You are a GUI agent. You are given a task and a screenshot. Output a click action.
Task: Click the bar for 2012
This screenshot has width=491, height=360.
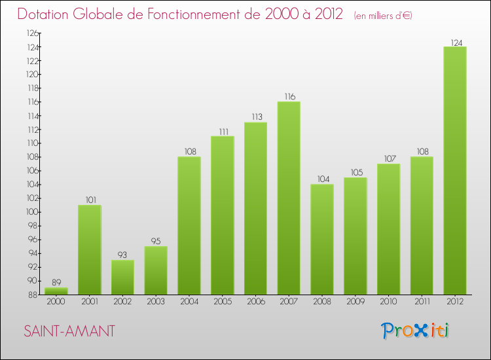pyautogui.click(x=455, y=170)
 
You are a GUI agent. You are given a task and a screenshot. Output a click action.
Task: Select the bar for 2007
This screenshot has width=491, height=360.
pyautogui.click(x=289, y=198)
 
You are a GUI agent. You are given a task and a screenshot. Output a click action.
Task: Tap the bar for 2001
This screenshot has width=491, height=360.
pyautogui.click(x=89, y=249)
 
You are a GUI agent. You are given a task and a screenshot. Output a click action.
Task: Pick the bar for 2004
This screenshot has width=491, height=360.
pyautogui.click(x=189, y=225)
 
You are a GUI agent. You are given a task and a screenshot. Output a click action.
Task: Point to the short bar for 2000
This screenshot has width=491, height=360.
pyautogui.click(x=56, y=291)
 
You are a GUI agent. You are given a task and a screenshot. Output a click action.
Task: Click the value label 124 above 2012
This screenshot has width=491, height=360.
pyautogui.click(x=455, y=43)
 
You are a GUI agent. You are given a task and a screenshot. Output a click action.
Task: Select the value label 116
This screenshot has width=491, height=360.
pyautogui.click(x=289, y=97)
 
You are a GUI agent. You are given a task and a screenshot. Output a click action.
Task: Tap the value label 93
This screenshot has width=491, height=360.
pyautogui.click(x=122, y=255)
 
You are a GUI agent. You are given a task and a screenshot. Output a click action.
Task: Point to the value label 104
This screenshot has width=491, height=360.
pyautogui.click(x=322, y=179)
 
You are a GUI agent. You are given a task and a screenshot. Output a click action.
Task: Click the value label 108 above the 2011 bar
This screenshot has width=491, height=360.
pyautogui.click(x=422, y=152)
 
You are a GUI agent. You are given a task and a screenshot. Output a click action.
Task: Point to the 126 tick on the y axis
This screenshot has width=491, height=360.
pyautogui.click(x=30, y=33)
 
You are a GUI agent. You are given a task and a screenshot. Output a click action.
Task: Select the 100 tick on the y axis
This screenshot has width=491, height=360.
pyautogui.click(x=30, y=212)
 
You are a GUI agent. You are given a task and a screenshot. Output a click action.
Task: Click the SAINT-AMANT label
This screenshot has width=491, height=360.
pyautogui.click(x=69, y=332)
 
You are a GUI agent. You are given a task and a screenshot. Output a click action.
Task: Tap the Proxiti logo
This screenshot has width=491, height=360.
pyautogui.click(x=416, y=331)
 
